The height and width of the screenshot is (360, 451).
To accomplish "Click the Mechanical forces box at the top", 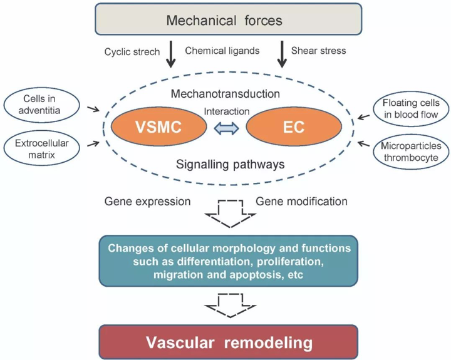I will (224, 20).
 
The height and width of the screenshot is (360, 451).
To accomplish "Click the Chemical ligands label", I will (223, 51).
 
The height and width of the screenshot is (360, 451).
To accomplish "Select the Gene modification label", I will (302, 202).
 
